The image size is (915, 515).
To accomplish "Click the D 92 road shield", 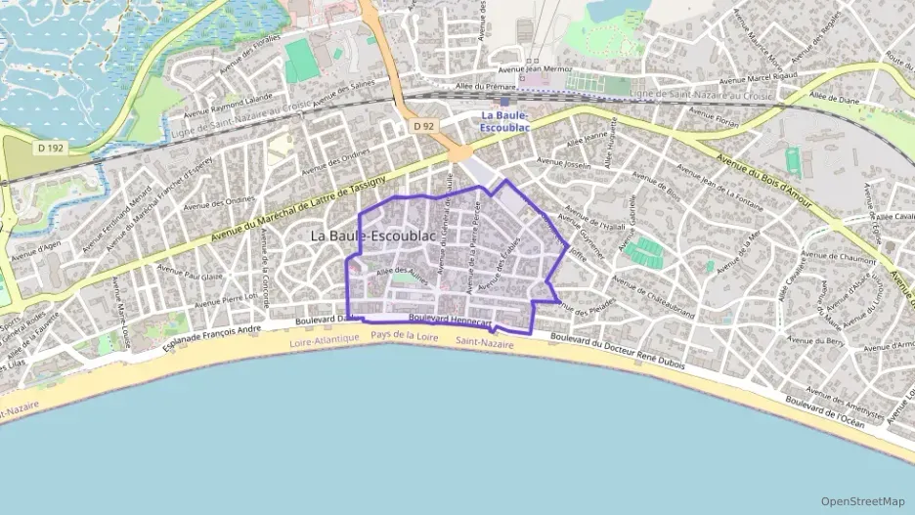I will pos(422,126).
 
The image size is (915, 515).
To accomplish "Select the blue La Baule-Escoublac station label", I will pos(505,121).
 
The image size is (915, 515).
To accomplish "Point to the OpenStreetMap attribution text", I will pos(863,501).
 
